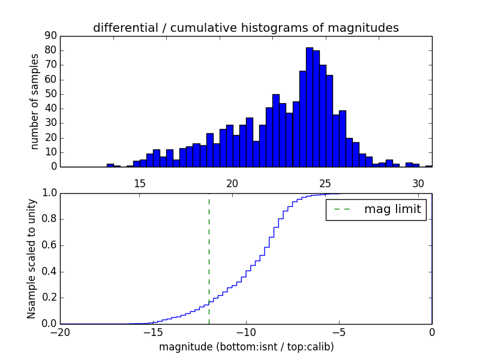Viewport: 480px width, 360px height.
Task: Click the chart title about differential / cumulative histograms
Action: [245, 28]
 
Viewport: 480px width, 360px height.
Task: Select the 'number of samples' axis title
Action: [35, 101]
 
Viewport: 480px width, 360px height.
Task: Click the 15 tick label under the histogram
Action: [140, 184]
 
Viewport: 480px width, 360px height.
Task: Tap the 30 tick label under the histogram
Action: [418, 184]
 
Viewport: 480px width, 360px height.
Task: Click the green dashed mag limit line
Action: [209, 258]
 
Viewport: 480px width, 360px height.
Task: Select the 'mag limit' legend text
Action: [392, 209]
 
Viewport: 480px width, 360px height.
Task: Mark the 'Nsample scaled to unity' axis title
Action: [31, 258]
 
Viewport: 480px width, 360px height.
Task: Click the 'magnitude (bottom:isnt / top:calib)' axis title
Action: [246, 347]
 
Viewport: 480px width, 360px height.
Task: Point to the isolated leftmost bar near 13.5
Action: [110, 165]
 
